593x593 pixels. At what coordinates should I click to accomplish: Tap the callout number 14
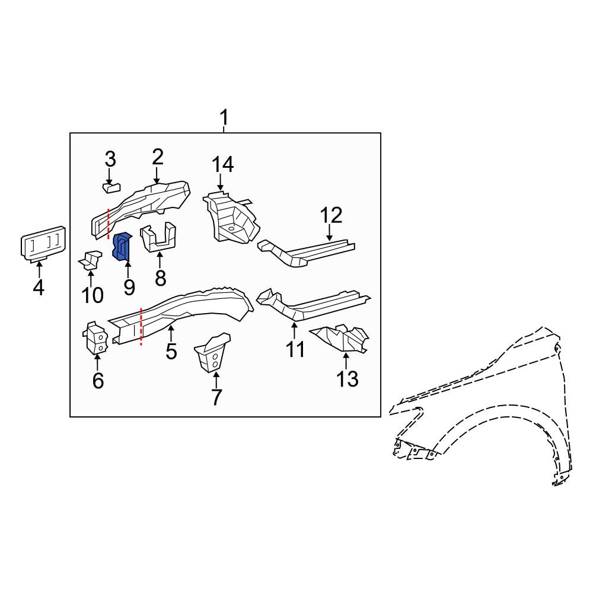(x=224, y=164)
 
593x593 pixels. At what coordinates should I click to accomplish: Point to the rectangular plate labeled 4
(x=43, y=244)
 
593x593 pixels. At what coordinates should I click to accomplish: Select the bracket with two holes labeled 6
(x=95, y=338)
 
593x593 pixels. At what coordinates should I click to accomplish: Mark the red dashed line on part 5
(x=141, y=327)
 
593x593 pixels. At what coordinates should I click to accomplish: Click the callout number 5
(x=171, y=351)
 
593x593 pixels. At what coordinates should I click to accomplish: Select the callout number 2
(x=157, y=157)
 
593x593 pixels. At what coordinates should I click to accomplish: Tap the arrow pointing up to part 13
(x=346, y=359)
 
